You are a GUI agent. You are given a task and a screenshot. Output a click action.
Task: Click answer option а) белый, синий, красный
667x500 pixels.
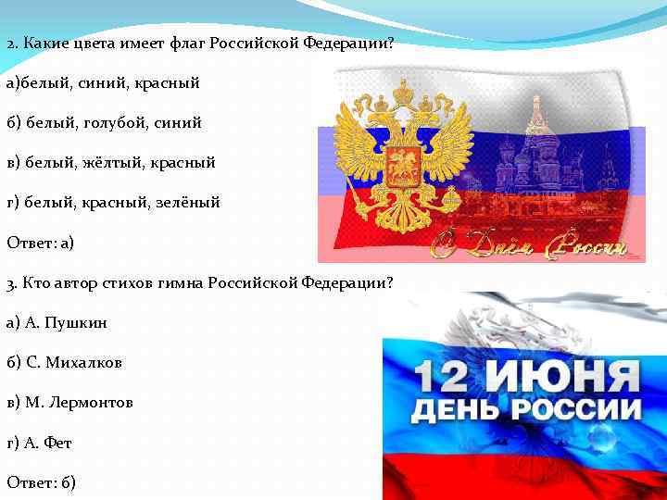(103, 83)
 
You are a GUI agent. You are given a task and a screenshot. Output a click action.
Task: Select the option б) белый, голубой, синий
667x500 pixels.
(103, 122)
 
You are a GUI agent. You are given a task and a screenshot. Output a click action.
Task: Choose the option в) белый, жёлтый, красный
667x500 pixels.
(110, 162)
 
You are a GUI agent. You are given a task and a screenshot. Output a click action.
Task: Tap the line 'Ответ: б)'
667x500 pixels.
(41, 482)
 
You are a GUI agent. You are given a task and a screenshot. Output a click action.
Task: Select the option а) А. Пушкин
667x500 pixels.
(57, 322)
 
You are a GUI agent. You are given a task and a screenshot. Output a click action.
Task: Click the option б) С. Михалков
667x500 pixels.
(64, 362)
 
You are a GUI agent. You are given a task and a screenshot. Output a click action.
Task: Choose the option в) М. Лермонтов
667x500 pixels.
(69, 403)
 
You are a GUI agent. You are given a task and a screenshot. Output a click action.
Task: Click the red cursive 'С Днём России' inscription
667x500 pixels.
(528, 246)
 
